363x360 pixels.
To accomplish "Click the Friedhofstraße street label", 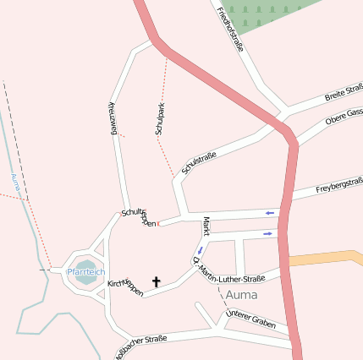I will [229, 29].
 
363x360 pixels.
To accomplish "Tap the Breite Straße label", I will [344, 93].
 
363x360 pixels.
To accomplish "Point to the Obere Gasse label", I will [344, 117].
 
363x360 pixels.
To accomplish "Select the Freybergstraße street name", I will [339, 185].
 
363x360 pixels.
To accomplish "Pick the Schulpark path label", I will [159, 119].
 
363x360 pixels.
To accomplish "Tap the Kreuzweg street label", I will [111, 117].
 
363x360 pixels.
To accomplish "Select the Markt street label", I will [206, 226].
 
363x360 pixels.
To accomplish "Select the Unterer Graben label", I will [250, 319].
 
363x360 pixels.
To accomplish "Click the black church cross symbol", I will [156, 281].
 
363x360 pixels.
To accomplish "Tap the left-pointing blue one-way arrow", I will [270, 213].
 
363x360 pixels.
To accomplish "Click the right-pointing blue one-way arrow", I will [268, 233].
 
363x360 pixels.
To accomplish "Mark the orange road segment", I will [326, 259].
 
